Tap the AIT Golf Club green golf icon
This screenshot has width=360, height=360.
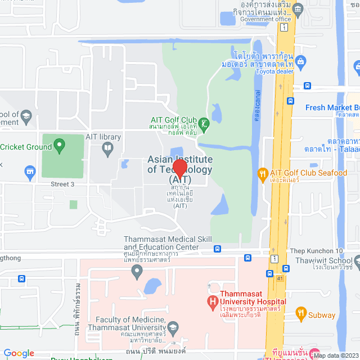[x=204, y=123]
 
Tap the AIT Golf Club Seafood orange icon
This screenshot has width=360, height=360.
[x=261, y=173]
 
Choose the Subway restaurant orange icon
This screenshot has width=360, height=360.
[x=301, y=314]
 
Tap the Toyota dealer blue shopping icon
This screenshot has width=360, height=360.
[x=301, y=61]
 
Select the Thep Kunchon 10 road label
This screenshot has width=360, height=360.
[x=316, y=251]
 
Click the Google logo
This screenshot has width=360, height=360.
[x=19, y=353]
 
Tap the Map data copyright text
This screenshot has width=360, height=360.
[x=336, y=355]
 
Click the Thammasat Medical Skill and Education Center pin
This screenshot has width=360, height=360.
[x=136, y=273]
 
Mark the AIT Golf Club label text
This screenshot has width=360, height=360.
[x=173, y=119]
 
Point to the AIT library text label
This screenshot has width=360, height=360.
[x=103, y=137]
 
